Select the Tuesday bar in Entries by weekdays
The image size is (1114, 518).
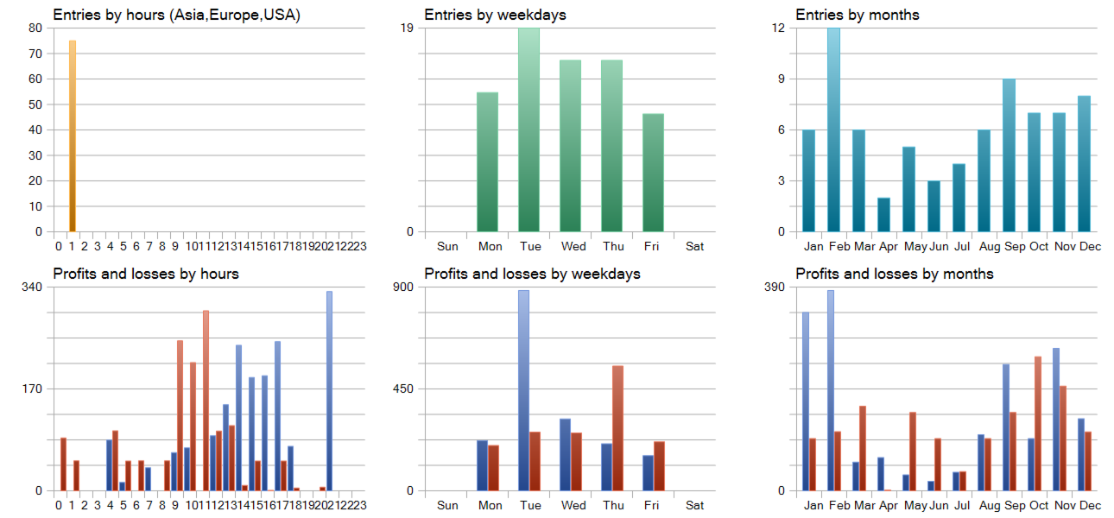pos(529,129)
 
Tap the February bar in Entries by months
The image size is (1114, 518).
pos(833,129)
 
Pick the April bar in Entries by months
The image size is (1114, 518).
pos(883,215)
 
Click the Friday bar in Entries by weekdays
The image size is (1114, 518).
pos(654,173)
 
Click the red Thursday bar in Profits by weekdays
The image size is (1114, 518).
pos(617,428)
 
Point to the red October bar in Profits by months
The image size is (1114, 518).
pos(1038,423)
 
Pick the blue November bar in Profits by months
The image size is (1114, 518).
pos(1055,420)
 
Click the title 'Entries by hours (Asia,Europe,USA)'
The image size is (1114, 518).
pos(177,15)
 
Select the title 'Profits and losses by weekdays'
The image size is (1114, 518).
pos(532,274)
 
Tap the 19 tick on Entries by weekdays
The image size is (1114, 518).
pos(408,28)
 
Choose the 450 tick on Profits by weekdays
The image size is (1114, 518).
pos(402,388)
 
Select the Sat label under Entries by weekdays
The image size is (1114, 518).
pos(694,246)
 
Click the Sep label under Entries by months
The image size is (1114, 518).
pos(1015,246)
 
